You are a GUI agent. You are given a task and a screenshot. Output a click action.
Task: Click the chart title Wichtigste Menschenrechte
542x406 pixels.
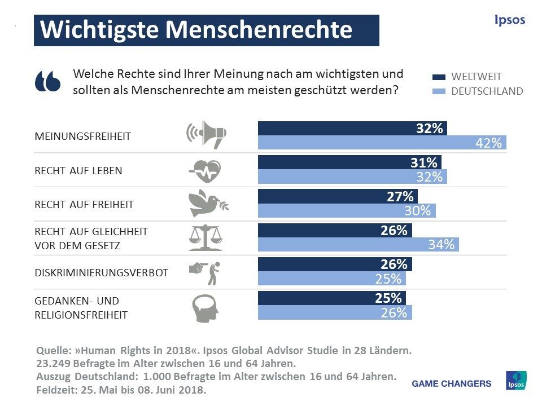(196, 30)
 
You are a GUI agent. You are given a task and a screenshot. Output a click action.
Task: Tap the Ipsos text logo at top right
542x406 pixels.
(509, 20)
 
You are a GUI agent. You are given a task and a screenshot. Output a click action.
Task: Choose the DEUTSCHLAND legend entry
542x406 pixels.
(487, 91)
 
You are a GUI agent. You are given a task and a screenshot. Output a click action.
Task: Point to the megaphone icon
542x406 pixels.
(206, 134)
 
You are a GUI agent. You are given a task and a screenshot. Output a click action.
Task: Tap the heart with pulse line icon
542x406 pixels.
(205, 169)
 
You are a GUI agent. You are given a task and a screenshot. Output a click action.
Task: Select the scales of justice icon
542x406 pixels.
(205, 237)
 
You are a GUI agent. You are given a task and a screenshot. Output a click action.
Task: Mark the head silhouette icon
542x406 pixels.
(205, 307)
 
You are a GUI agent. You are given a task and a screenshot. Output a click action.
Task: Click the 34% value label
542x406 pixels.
(441, 245)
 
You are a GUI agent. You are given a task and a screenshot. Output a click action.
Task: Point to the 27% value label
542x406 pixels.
(400, 197)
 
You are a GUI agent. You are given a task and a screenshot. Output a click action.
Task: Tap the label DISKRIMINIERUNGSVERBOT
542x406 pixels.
(102, 272)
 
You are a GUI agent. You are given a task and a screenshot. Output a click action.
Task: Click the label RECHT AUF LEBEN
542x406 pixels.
(78, 170)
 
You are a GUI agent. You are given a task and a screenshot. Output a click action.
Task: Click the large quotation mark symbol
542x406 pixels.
(47, 81)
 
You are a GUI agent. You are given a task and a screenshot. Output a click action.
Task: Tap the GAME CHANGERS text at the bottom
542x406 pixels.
(452, 383)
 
